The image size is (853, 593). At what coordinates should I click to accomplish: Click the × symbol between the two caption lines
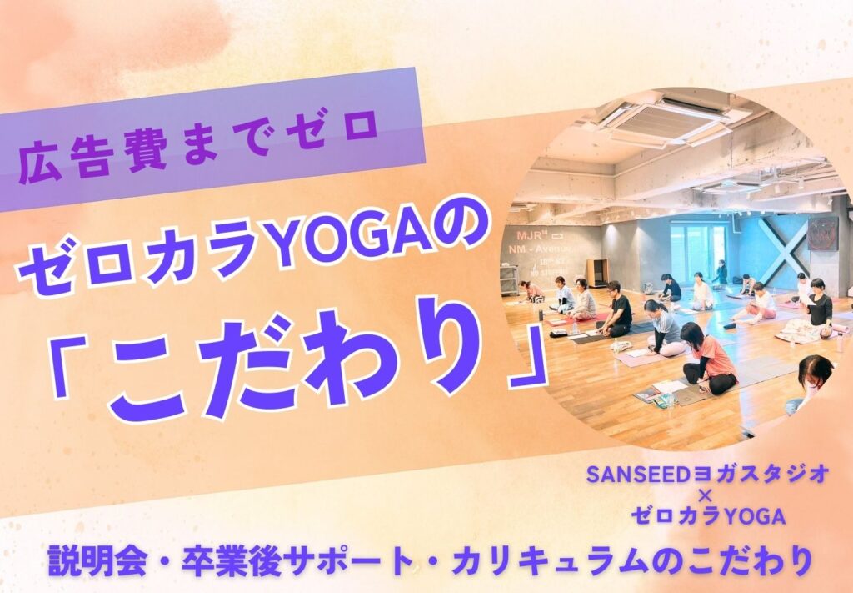coord(707,496)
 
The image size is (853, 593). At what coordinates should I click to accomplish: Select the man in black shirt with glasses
coord(617,309)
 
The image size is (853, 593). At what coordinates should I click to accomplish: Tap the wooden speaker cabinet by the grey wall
coord(597,272)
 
